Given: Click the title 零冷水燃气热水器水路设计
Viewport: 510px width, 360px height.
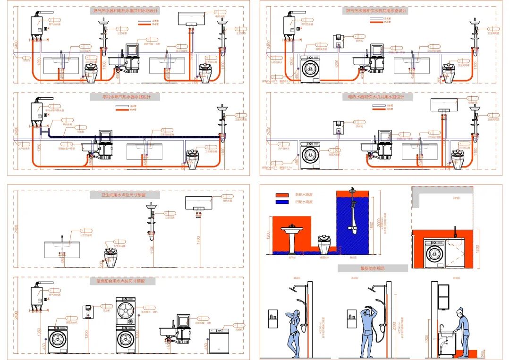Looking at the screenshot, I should click(125, 97).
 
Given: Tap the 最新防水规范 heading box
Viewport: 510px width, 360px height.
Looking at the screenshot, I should click(373, 268).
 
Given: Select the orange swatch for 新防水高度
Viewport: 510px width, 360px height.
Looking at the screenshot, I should click(282, 194).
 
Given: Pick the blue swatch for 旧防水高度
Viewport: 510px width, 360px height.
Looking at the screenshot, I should click(282, 201).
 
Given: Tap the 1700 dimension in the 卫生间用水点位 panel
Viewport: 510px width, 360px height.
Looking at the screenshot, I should click(198, 240).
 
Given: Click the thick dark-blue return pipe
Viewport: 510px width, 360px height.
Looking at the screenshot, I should click(142, 137).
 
